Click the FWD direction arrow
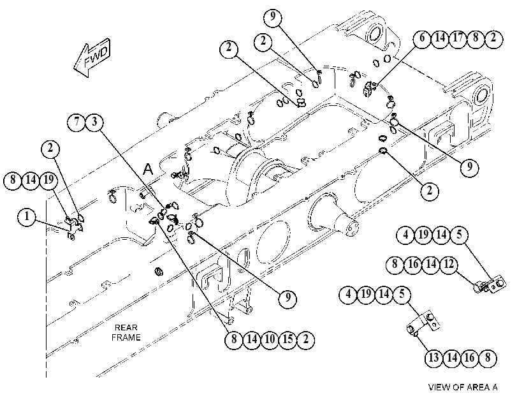tap(92, 59)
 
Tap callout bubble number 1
tap(27, 217)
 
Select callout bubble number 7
tap(76, 122)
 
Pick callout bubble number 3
tap(94, 122)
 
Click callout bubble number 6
tap(423, 39)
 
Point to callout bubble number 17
tap(458, 39)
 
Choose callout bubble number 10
tap(270, 339)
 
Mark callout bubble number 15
tap(288, 339)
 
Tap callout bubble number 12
tap(449, 264)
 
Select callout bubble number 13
tap(433, 358)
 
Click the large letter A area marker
tap(149, 169)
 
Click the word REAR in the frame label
tap(126, 328)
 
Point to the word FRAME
tap(126, 337)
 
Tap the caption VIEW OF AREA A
tap(463, 387)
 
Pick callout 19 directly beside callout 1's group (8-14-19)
tap(48, 181)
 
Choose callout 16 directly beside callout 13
tap(469, 358)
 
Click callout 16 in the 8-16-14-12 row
tap(413, 264)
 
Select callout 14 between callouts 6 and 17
tap(440, 39)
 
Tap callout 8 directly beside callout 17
tap(476, 39)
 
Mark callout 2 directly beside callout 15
tap(305, 339)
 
